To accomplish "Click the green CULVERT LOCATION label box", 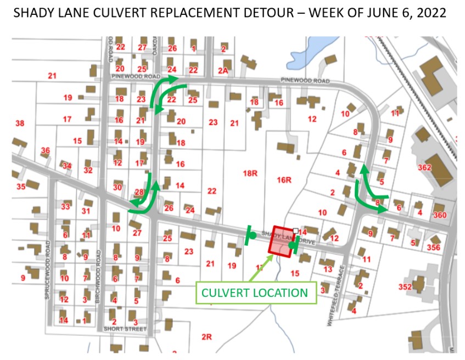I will pos(254,293).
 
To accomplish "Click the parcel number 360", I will pos(440,215).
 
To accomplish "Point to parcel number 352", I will pos(406,286).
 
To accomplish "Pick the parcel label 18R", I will pos(250,173).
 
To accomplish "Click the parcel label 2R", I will pos(206,337).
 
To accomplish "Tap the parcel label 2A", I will pos(222,70).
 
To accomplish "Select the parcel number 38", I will pos(20,123).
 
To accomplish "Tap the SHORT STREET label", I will pos(125,329).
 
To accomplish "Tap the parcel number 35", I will pos(21,187).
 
